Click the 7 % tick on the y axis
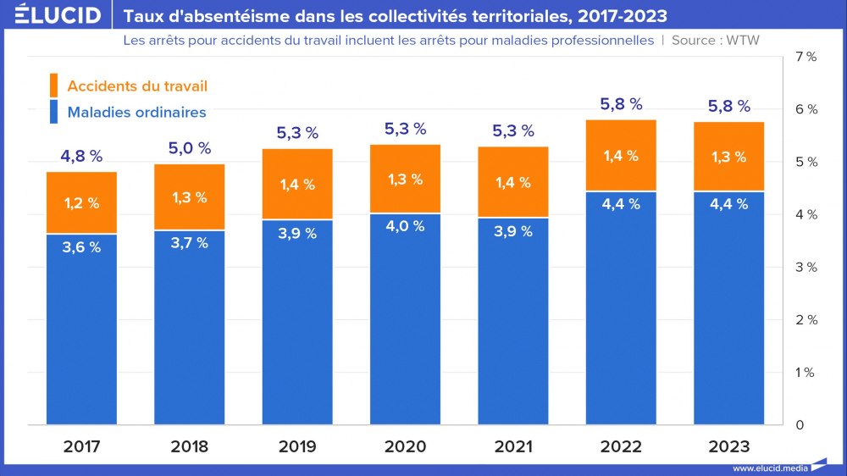806,57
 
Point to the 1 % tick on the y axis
806,373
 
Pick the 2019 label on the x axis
297,446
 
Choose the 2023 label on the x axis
728,446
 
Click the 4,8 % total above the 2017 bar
81,156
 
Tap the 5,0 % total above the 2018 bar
189,148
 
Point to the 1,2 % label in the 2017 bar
81,202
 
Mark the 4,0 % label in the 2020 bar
405,227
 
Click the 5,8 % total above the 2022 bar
621,104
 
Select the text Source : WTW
716,40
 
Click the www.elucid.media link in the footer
769,468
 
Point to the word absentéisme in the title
215,16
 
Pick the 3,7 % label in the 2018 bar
189,243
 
